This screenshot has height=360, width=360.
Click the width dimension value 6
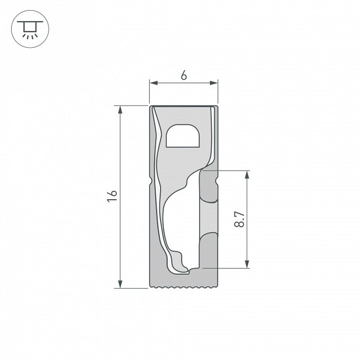point(184,76)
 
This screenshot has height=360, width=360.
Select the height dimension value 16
point(112,196)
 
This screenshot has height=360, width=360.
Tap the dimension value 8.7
point(239,219)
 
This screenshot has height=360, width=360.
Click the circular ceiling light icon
point(27,28)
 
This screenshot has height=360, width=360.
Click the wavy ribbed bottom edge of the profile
point(184,287)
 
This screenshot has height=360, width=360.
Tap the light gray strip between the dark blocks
point(209,218)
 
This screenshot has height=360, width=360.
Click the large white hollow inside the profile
point(182,223)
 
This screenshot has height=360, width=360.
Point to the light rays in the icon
point(27,35)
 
